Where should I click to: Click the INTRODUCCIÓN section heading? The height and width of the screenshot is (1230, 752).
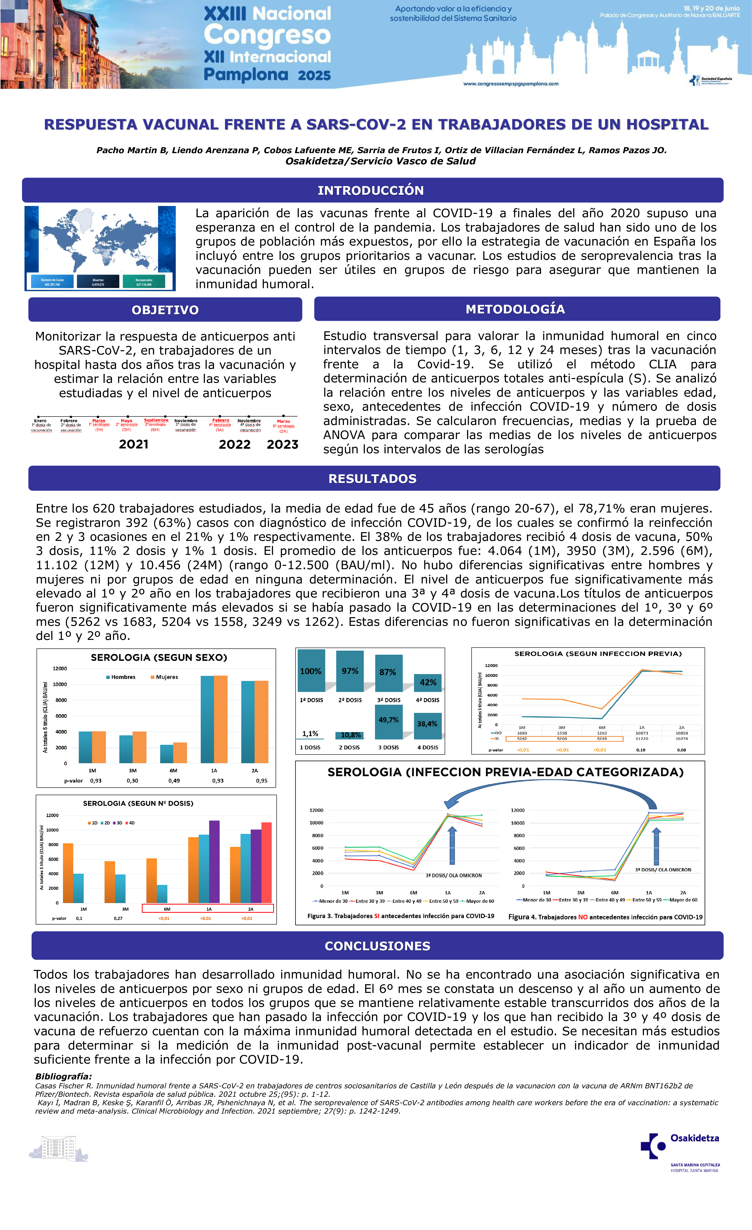click(371, 190)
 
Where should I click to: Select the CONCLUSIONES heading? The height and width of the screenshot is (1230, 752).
click(377, 945)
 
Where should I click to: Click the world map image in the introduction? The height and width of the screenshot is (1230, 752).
click(100, 248)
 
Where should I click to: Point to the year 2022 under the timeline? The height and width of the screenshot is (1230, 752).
click(234, 444)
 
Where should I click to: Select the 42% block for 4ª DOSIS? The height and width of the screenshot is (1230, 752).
click(428, 682)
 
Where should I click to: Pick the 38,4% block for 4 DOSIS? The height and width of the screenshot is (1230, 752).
click(427, 724)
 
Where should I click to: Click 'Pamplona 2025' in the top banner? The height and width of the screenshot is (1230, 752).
click(267, 75)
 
